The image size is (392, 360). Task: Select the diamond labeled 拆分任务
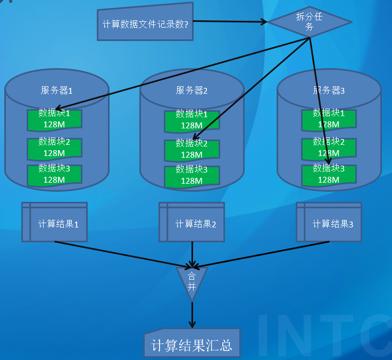[x=309, y=22]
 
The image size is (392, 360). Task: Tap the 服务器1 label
[x=56, y=91]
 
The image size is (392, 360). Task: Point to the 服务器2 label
[x=191, y=91]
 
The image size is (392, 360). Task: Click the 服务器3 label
[x=329, y=91]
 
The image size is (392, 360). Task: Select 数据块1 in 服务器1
[x=54, y=119]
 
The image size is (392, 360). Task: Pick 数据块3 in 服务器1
[x=54, y=174]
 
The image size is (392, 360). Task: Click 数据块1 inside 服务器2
[x=191, y=120]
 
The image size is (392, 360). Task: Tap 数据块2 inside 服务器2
[x=191, y=149]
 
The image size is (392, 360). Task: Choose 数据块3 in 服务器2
[x=191, y=176]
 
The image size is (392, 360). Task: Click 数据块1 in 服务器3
[x=329, y=119]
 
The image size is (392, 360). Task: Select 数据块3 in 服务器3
[x=329, y=174]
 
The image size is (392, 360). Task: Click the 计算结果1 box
[x=54, y=223]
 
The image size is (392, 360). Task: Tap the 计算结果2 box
[x=191, y=223]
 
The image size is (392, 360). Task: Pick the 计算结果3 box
[x=329, y=223]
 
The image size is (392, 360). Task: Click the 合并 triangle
[x=192, y=279]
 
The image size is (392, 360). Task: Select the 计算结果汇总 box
[x=191, y=345]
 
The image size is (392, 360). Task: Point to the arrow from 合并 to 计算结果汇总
[x=192, y=314]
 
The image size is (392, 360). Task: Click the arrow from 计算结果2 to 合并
[x=192, y=253]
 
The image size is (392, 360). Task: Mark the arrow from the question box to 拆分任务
[x=229, y=21]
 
